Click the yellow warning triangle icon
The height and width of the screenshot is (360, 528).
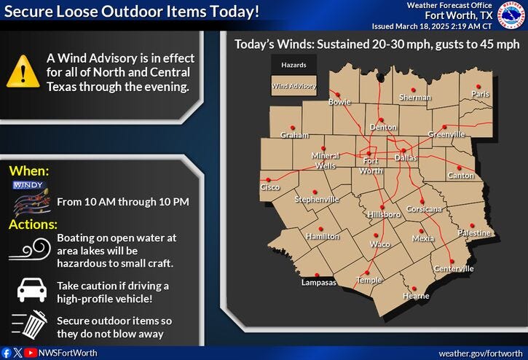point(23,71)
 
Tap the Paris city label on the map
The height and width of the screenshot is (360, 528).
point(480,94)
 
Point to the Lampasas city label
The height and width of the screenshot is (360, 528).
point(318,282)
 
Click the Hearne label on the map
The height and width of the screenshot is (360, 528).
point(416,296)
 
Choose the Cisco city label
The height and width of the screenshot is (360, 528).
point(270,187)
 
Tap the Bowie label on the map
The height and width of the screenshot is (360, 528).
point(339,103)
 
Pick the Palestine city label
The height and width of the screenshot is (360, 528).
point(475,232)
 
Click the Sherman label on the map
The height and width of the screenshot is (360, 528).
point(416,97)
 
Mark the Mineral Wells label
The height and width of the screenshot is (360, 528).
point(326,160)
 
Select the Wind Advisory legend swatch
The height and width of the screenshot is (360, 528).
point(294,86)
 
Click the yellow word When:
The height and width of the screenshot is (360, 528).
point(28,171)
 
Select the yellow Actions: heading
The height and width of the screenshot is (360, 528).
point(33,224)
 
